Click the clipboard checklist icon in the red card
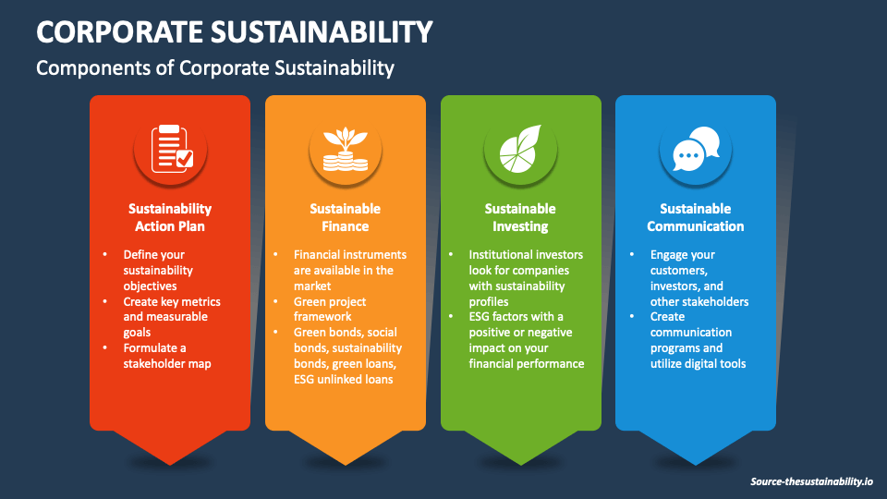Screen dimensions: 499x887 tap(171, 147)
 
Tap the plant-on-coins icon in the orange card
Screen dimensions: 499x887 tap(346, 148)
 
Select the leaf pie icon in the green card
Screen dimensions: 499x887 tap(520, 148)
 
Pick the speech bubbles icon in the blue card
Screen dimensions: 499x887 tap(695, 148)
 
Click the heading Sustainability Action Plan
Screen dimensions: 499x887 tap(170, 217)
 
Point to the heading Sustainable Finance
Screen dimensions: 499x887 tap(345, 217)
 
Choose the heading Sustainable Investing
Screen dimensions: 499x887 tap(520, 217)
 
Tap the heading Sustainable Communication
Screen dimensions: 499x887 tap(695, 217)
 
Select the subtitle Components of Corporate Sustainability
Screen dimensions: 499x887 tap(215, 67)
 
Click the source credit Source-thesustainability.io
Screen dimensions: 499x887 tap(811, 481)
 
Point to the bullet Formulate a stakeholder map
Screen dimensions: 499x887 tap(167, 356)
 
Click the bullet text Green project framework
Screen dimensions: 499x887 tap(330, 309)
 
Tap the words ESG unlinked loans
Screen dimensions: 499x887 tap(344, 379)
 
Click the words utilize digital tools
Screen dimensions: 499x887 tap(699, 364)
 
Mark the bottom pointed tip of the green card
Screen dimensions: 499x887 tap(521, 463)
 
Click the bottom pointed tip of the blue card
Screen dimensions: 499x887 tap(696, 463)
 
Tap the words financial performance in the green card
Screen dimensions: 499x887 tap(527, 363)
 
